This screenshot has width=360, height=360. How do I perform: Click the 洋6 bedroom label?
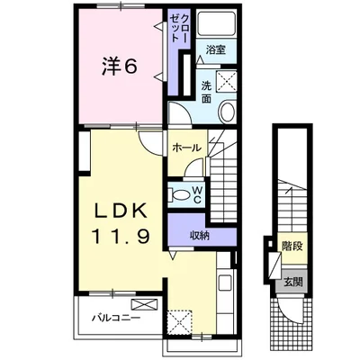pos(120,67)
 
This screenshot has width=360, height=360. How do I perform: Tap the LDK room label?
pos(121,211)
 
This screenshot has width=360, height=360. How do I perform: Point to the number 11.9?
pos(121,236)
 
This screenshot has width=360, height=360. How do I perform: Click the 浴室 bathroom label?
pos(215,49)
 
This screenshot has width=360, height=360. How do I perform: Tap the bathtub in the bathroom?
pos(216,24)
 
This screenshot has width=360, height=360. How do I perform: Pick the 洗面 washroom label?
pos(206,92)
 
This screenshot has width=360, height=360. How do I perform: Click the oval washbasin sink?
pos(227,112)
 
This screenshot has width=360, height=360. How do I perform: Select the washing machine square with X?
pos(227,82)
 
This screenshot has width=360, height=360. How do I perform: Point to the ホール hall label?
pos(186,148)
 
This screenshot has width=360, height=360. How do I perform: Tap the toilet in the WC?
pos(178,195)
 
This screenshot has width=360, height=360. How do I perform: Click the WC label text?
pos(197,195)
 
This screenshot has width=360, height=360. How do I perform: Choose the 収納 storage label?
pos(199,236)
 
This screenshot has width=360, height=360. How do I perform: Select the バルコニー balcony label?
pos(115,318)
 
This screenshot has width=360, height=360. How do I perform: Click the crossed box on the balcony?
pos(145,304)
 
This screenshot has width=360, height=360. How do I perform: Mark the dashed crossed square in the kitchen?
pos(179,322)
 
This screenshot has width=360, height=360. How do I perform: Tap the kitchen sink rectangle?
pos(224,282)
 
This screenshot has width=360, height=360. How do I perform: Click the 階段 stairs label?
pos(292,247)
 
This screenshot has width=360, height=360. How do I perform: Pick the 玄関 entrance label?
pos(293,282)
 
